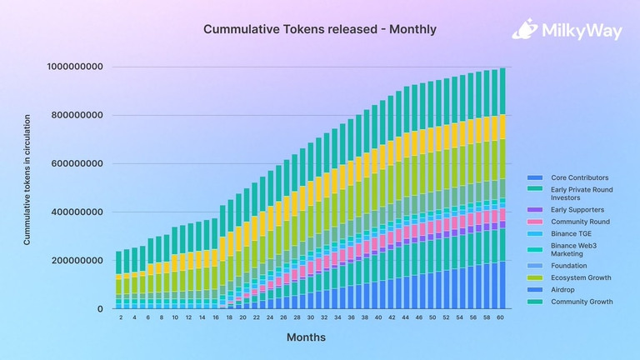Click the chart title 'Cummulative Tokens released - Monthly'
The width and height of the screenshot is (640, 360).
click(x=320, y=29)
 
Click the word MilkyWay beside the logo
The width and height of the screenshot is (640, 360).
click(x=575, y=31)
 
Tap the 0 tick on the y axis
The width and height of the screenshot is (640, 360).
click(x=100, y=309)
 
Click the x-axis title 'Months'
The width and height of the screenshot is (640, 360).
click(x=306, y=337)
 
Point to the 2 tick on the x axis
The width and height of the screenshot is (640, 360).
click(x=121, y=317)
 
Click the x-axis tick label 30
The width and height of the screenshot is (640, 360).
click(x=311, y=317)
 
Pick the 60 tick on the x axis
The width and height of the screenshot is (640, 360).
click(x=501, y=317)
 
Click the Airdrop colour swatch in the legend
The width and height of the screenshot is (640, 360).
click(x=533, y=290)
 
